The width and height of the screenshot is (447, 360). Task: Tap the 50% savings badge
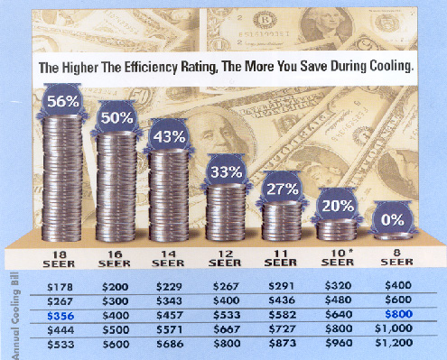(x=116, y=119)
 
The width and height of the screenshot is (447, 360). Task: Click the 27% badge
(x=283, y=191)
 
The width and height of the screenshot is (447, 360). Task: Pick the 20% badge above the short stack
(x=339, y=207)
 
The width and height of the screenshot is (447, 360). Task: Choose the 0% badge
(x=393, y=218)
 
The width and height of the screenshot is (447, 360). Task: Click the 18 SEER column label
(x=61, y=258)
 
